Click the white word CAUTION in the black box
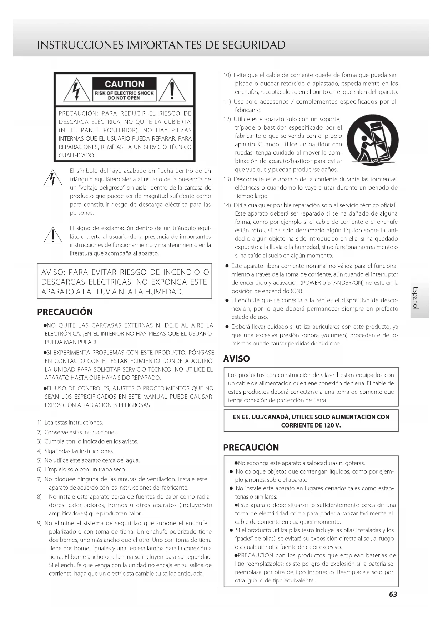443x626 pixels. coord(124,84)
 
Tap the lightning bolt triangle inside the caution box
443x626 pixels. coord(76,90)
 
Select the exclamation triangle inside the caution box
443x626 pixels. coord(172,90)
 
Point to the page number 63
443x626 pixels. coord(393,594)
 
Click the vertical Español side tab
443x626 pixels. coord(416,298)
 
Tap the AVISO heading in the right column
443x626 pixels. coord(236,359)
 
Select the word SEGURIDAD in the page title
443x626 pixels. coord(254,45)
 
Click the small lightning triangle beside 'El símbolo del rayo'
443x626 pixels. coord(53,178)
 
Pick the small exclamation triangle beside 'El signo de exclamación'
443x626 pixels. coord(53,235)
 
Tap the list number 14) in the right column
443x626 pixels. coord(227,205)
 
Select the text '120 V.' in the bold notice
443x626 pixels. coord(333,425)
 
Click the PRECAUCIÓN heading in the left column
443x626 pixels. coord(65,312)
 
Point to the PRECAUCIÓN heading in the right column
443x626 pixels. coord(251,448)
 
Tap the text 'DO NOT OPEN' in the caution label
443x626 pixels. coord(124,98)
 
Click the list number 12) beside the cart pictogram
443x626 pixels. coord(227,119)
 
